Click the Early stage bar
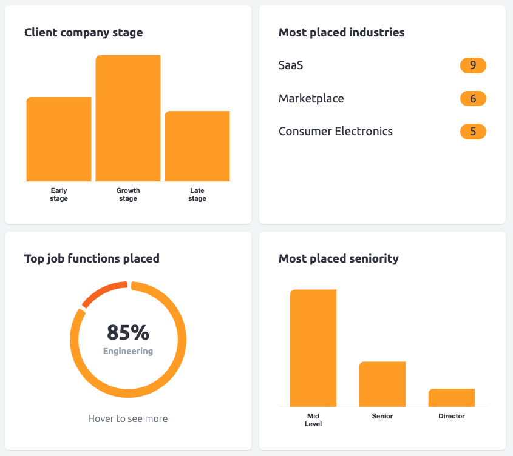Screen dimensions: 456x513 point(59,139)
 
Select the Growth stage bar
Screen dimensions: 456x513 point(128,118)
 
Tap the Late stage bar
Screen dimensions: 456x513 point(197,146)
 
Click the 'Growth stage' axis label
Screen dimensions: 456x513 point(128,195)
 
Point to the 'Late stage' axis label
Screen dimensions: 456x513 point(197,195)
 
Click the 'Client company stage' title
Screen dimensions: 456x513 point(84,33)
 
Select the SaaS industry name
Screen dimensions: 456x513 point(291,65)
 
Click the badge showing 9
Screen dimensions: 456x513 point(473,65)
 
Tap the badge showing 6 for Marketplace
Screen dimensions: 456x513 point(473,99)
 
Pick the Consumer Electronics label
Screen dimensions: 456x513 point(336,132)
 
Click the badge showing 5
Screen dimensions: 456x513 point(473,132)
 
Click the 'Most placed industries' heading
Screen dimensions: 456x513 point(341,33)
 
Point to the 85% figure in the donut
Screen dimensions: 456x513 point(128,332)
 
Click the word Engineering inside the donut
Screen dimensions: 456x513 point(128,351)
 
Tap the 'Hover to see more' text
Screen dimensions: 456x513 point(128,418)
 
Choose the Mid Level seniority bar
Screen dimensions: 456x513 point(313,348)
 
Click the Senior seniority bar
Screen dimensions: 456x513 point(382,384)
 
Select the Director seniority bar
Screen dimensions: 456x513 point(452,398)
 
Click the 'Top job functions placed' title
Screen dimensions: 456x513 point(92,259)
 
